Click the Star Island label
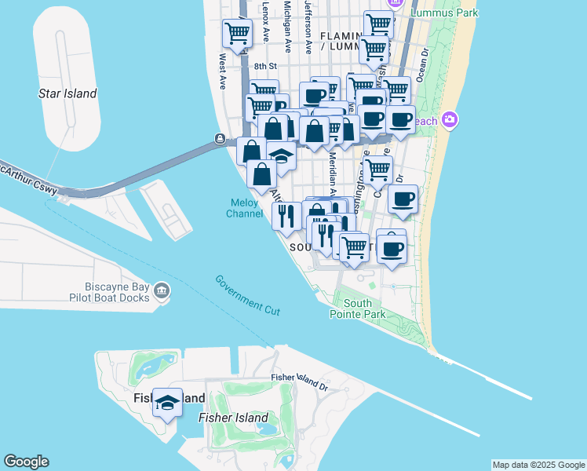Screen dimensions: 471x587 [x=67, y=93]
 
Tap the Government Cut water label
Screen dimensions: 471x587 [x=247, y=296]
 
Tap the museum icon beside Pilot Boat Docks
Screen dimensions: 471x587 [x=162, y=291]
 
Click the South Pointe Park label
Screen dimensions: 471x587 [x=363, y=309]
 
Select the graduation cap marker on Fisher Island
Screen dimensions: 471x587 [x=167, y=402]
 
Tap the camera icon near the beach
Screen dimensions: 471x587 [x=450, y=119]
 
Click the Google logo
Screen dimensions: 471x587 [x=26, y=462]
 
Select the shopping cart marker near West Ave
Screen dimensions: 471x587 [x=237, y=32]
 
